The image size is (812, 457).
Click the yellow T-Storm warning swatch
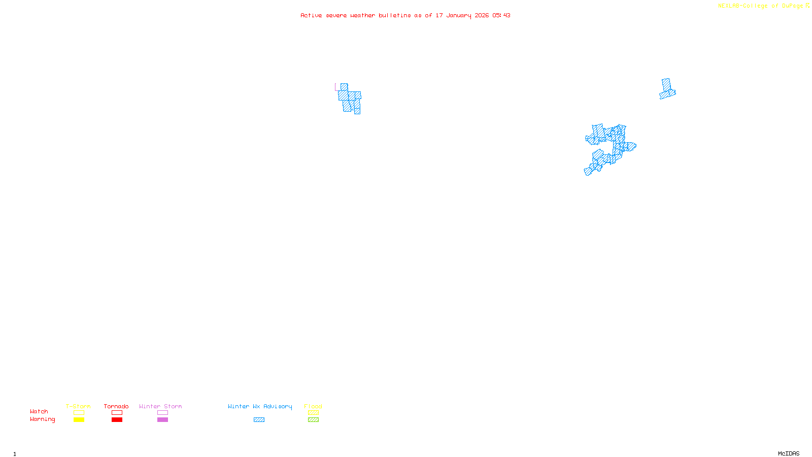[x=79, y=420]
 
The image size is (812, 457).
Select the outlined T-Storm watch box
[x=79, y=413]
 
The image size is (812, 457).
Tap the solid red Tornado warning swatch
[x=117, y=420]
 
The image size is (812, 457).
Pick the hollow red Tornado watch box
[x=117, y=413]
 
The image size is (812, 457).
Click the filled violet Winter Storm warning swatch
[x=162, y=420]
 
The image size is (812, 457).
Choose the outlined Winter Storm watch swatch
[x=162, y=413]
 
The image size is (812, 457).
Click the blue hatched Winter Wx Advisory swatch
[x=259, y=420]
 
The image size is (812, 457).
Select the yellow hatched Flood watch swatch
[x=313, y=413]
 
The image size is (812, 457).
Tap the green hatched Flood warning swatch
[x=313, y=420]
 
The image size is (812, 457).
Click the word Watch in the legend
[x=39, y=412]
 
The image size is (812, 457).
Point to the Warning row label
[x=42, y=419]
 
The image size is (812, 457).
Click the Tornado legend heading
[x=116, y=406]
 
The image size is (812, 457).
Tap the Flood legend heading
[x=313, y=406]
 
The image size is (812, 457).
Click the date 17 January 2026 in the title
[x=462, y=16]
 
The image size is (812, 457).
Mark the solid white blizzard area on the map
[x=344, y=71]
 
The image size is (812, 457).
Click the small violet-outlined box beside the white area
[x=337, y=87]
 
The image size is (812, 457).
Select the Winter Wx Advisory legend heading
[x=260, y=406]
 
